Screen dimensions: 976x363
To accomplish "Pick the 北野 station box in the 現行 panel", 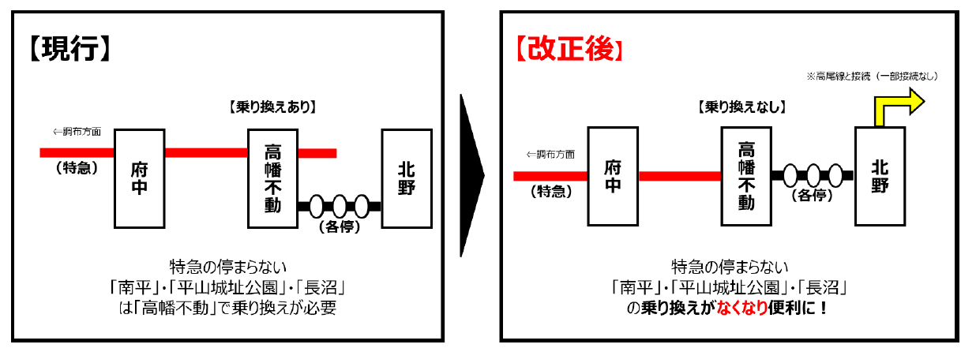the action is coord(407,178).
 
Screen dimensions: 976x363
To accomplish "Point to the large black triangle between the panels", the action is coord(471,176).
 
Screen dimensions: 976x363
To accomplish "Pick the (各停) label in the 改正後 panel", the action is coord(813,195).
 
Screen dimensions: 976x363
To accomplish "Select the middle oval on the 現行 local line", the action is coord(340,207).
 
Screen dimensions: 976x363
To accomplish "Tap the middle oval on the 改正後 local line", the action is coord(813,175).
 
